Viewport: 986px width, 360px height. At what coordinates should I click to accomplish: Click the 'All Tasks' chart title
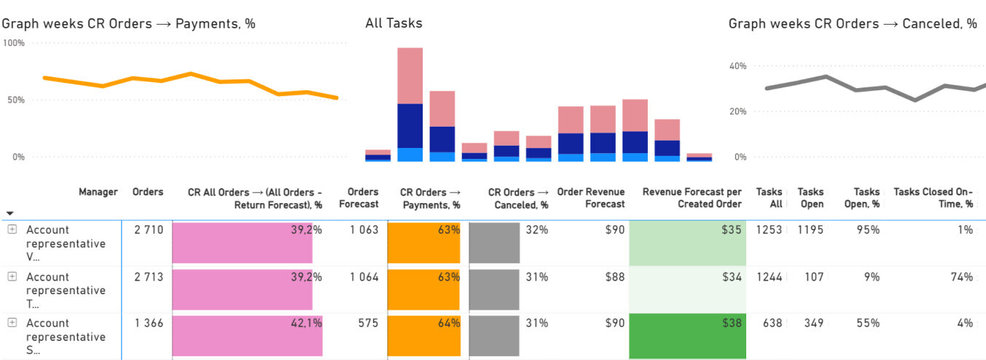click(394, 23)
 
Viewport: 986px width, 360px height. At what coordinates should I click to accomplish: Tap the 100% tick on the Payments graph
click(13, 43)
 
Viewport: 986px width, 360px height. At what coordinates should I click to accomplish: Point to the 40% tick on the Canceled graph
click(737, 66)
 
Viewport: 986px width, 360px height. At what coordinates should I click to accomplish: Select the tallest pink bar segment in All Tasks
click(410, 76)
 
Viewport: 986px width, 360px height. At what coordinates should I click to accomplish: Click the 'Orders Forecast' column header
click(359, 198)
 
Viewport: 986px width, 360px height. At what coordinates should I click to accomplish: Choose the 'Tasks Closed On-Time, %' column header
click(933, 198)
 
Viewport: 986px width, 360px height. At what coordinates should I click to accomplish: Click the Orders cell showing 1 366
click(149, 323)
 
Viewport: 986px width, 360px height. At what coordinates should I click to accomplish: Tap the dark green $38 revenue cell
click(687, 336)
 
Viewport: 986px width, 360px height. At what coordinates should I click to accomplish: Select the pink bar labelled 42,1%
click(247, 336)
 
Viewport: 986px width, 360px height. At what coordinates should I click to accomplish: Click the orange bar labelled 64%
click(423, 336)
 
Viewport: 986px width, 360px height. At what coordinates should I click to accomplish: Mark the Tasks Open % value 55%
click(868, 323)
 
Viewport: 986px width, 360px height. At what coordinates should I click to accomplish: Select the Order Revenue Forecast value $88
click(614, 277)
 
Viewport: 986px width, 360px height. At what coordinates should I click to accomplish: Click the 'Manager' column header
click(98, 192)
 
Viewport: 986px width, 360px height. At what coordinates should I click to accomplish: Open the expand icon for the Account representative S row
click(12, 323)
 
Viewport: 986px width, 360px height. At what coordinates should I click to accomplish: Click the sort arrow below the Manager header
click(9, 214)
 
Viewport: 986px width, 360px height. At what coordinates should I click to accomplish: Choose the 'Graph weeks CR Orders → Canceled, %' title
click(853, 23)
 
